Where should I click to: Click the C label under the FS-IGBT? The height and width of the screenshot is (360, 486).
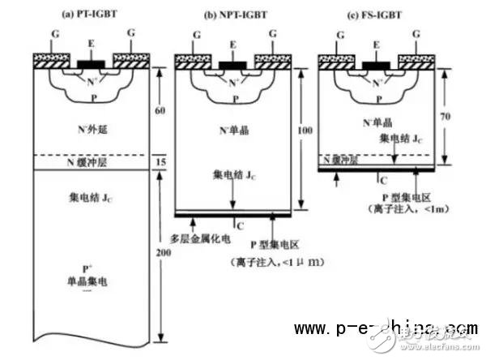coord(382,178)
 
